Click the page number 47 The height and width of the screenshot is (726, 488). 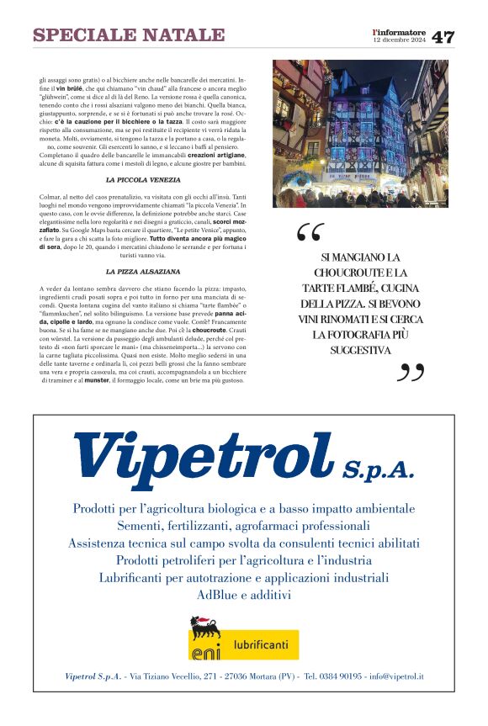(x=443, y=37)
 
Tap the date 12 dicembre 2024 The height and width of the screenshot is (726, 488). (x=400, y=40)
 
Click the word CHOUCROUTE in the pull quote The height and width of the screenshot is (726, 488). (x=348, y=273)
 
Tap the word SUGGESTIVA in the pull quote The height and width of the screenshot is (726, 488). (x=359, y=349)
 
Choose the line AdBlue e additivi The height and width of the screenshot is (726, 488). (x=244, y=595)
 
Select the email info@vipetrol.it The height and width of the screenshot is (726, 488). (x=395, y=676)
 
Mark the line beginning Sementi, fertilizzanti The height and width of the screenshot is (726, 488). (x=244, y=526)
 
